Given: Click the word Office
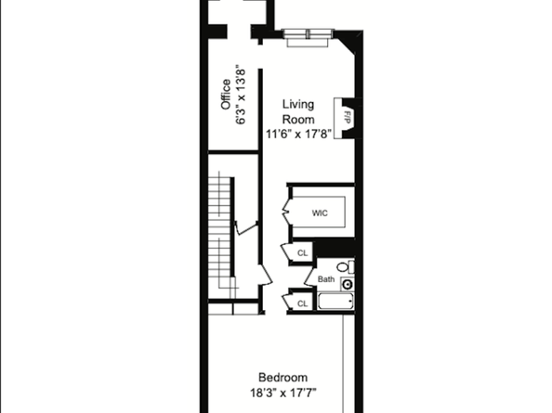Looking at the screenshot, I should (x=225, y=94).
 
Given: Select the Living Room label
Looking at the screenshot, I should (x=299, y=112).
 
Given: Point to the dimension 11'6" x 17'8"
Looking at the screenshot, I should (x=299, y=135).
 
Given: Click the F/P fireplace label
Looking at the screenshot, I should (x=346, y=118).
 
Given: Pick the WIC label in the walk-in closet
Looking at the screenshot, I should (x=320, y=213).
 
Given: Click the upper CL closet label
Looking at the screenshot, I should (x=302, y=253).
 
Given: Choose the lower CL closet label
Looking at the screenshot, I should (x=302, y=303).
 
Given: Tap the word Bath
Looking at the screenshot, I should (x=326, y=278).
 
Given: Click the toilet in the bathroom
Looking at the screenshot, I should (x=344, y=267).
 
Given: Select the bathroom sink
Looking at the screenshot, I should (x=348, y=282).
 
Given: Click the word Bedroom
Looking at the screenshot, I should (x=283, y=378).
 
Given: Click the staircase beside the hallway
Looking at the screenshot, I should (x=220, y=237).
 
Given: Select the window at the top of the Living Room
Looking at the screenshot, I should (x=308, y=36).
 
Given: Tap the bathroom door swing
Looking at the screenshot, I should (x=311, y=276).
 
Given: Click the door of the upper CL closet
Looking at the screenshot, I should (x=286, y=252).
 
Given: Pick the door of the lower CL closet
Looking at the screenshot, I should (x=287, y=301).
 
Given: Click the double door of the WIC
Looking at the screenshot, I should (x=289, y=212).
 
